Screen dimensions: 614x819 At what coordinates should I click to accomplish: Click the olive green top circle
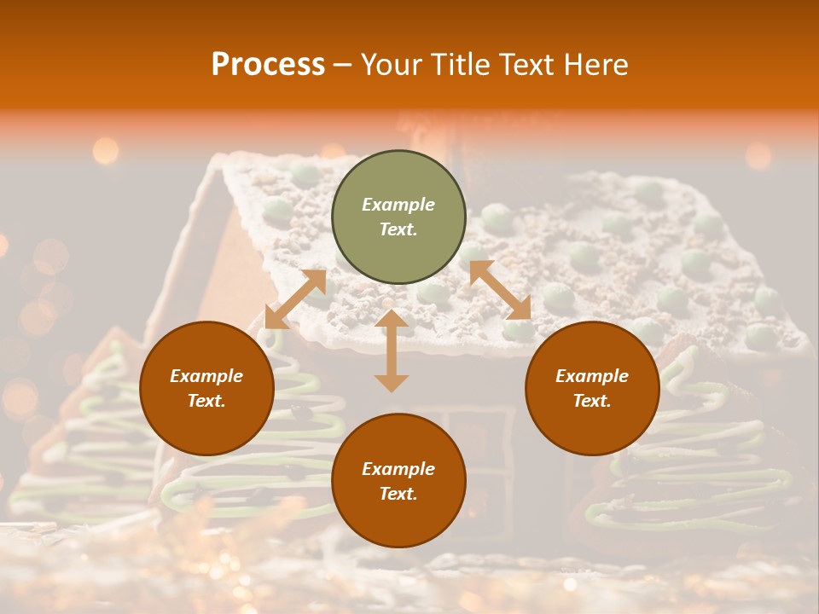coord(398,217)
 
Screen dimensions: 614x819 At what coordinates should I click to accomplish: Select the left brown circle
coord(206,389)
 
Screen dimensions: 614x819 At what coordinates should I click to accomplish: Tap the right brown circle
coord(592,389)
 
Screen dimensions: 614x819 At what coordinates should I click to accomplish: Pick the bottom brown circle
coord(398,481)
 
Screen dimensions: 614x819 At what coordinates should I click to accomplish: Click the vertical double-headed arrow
coord(392,350)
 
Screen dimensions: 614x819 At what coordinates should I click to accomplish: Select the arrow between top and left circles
coord(295,299)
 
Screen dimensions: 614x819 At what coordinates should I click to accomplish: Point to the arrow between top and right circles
coord(500,290)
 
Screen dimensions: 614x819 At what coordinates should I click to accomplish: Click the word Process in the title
coord(268,64)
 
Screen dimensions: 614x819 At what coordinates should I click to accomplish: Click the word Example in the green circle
coord(398,205)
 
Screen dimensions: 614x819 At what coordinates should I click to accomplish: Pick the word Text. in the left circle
coord(206,401)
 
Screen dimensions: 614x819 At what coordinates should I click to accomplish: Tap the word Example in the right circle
coord(592,376)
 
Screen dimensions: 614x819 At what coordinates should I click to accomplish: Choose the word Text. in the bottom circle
coord(398,494)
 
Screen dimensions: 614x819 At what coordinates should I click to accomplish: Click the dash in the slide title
coord(343,66)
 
